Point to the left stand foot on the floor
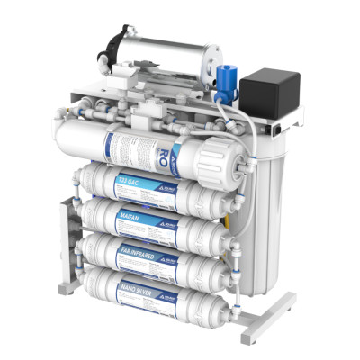pos(67,289)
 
